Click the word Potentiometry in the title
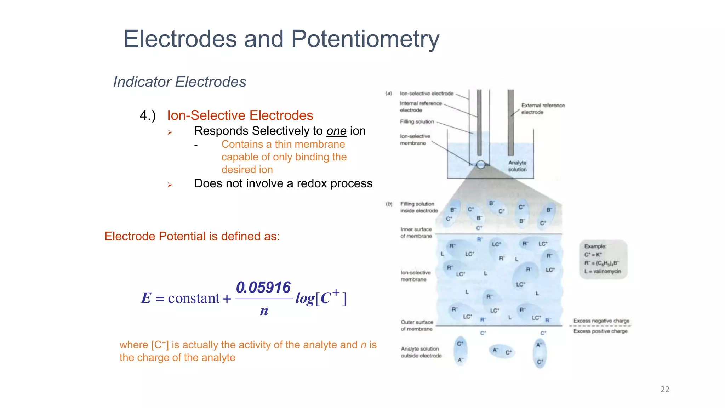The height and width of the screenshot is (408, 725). (x=365, y=39)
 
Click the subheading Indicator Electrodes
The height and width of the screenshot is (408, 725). (x=179, y=82)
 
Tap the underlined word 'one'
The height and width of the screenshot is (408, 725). (x=336, y=131)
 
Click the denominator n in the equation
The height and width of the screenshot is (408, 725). (x=264, y=311)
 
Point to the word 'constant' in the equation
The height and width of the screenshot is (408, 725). (x=194, y=298)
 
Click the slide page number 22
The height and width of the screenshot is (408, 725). (x=664, y=389)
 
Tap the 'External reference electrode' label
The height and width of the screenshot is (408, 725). (x=542, y=109)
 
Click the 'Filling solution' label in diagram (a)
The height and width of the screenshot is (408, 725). (x=417, y=121)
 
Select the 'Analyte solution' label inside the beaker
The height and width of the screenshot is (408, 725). (x=517, y=166)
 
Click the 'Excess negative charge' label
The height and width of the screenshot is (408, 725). (x=601, y=321)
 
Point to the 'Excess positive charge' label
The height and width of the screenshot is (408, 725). (x=600, y=331)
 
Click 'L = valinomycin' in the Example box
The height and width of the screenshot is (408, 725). (x=602, y=271)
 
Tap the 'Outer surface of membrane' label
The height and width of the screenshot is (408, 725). (x=417, y=325)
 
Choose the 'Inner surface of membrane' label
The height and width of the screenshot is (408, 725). (x=416, y=233)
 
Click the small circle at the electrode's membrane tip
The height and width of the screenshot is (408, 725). (x=480, y=164)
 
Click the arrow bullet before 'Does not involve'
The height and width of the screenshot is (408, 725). (x=170, y=185)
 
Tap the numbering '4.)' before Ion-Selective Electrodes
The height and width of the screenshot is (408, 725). (x=148, y=115)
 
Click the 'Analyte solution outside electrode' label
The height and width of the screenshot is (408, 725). (x=421, y=352)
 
